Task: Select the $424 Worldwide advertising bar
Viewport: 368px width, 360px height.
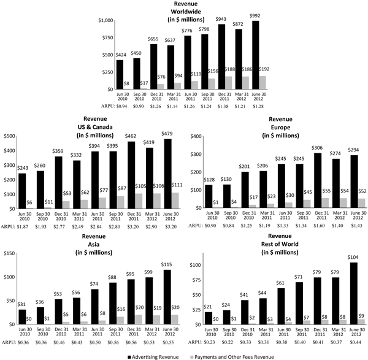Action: tap(120, 74)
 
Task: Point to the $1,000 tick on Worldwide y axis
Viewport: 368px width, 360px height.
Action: tap(105, 21)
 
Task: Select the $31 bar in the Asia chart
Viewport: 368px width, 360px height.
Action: tap(22, 316)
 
